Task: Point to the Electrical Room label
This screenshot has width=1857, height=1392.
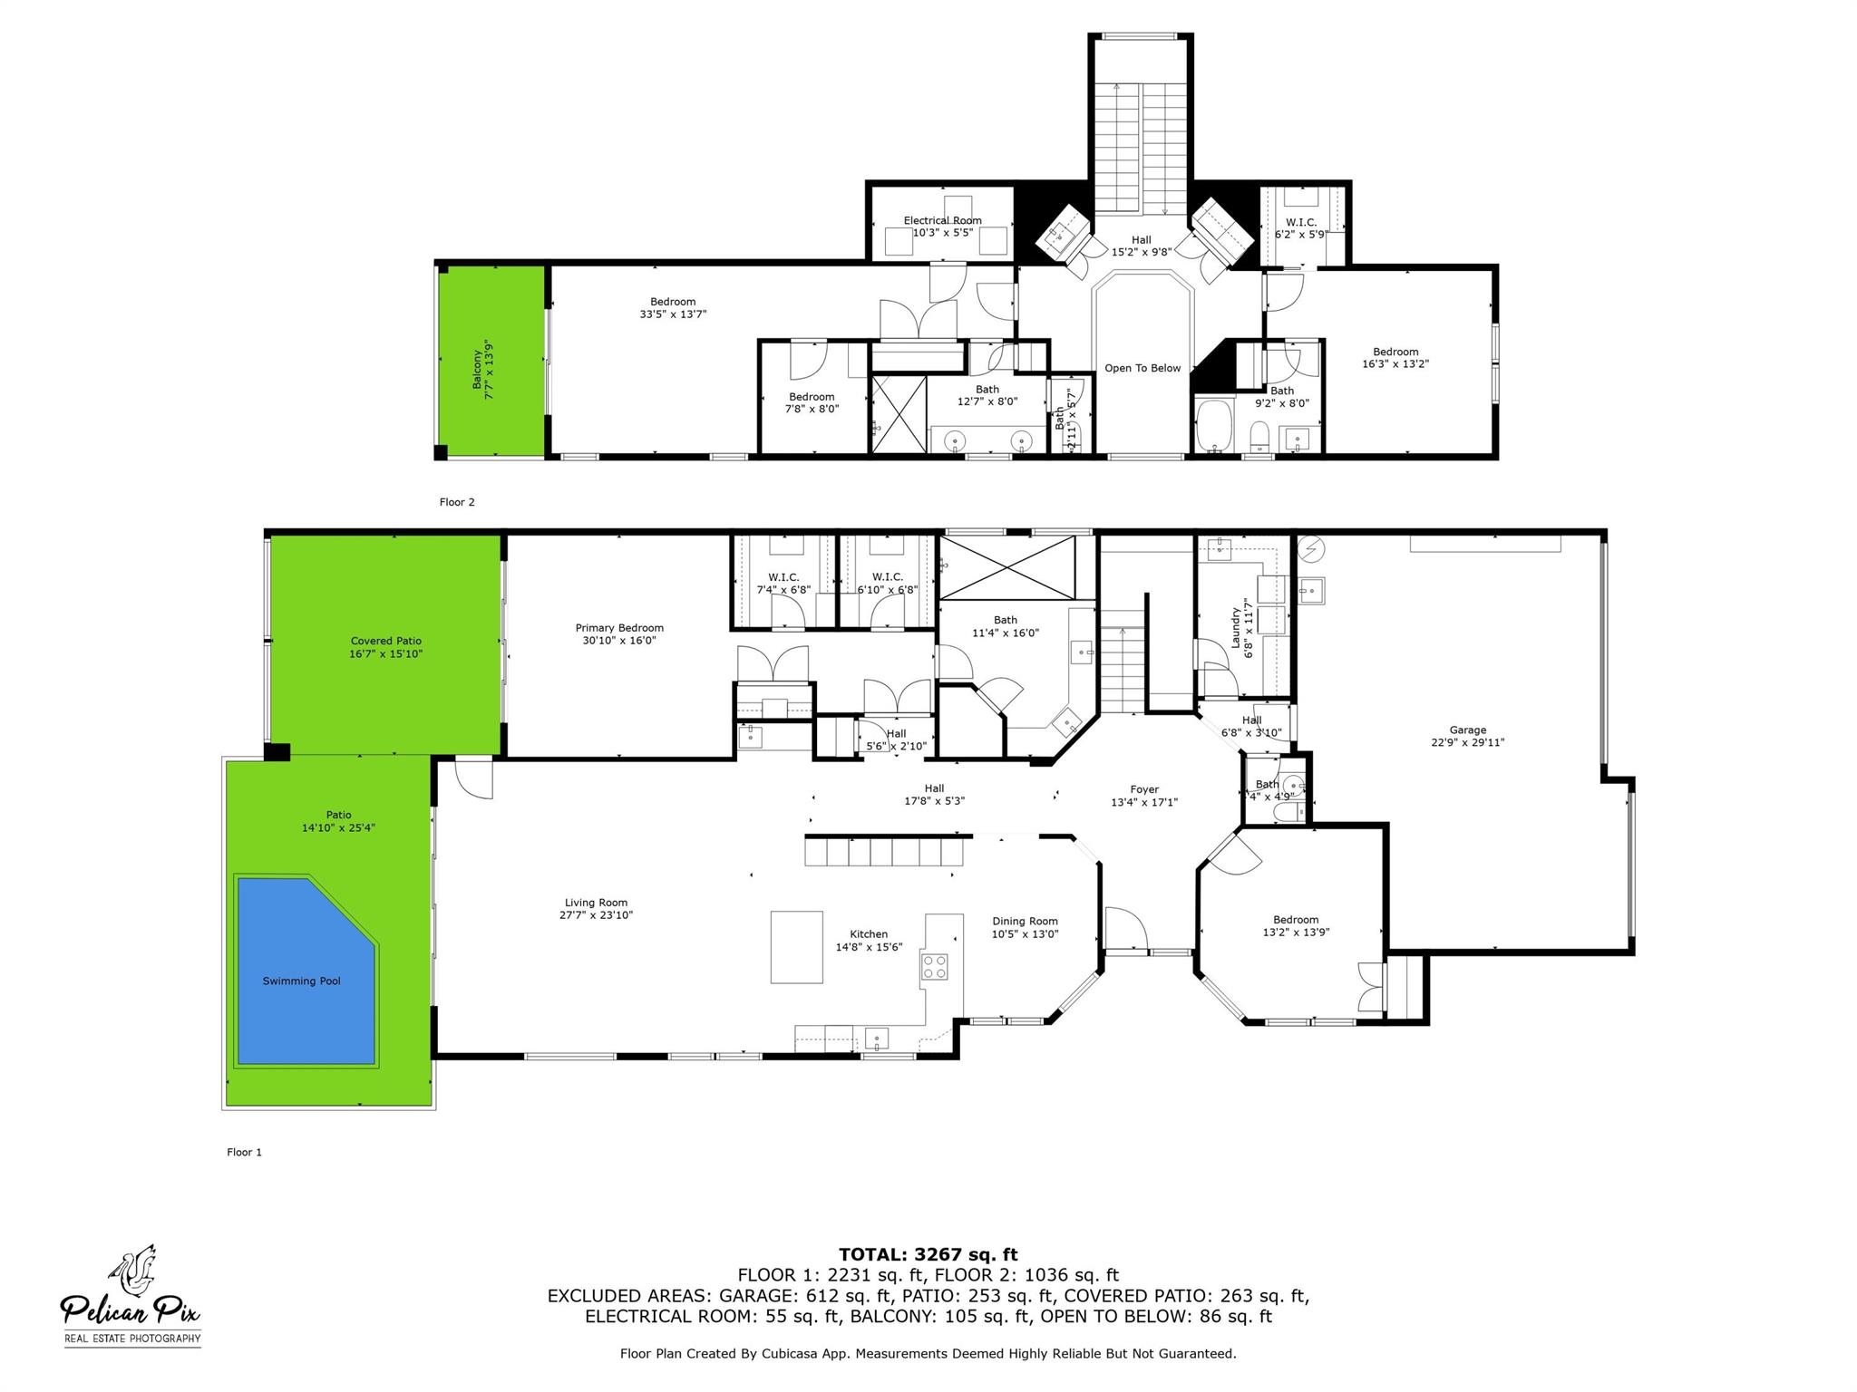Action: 942,220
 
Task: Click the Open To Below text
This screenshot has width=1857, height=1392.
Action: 1142,368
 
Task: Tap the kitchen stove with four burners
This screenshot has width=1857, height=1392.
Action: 935,966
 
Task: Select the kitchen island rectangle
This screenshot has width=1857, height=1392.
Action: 797,947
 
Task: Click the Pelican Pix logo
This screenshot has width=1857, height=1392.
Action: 131,1295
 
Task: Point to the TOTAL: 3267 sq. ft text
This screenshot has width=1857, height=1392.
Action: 928,1254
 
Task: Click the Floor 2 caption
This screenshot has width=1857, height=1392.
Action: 457,502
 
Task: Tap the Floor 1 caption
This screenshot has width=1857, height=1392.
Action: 244,1152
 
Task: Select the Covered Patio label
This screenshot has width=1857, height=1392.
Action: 386,641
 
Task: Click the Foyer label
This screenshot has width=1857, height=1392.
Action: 1144,789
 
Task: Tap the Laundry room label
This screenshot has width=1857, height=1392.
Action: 1235,627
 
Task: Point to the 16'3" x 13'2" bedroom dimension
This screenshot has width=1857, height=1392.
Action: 1395,364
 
